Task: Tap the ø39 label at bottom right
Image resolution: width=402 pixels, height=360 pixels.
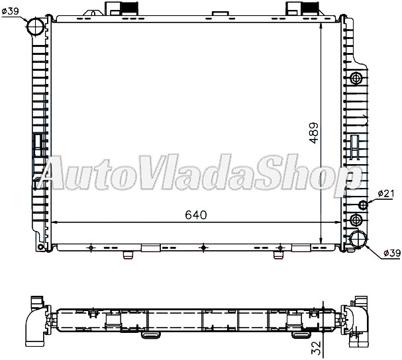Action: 392,253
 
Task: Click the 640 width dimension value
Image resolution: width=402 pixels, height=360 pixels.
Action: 196,214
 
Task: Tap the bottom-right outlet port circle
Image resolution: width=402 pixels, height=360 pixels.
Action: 358,240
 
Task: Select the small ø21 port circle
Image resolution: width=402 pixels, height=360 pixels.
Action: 362,203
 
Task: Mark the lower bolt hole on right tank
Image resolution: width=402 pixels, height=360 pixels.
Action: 358,220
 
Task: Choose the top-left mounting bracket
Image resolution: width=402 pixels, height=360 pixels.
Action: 119,9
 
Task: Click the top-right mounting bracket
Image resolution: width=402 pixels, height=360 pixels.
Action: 298,9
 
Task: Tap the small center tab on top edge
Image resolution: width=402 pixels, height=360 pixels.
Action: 219,14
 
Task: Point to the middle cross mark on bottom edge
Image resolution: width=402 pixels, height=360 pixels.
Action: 203,248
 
